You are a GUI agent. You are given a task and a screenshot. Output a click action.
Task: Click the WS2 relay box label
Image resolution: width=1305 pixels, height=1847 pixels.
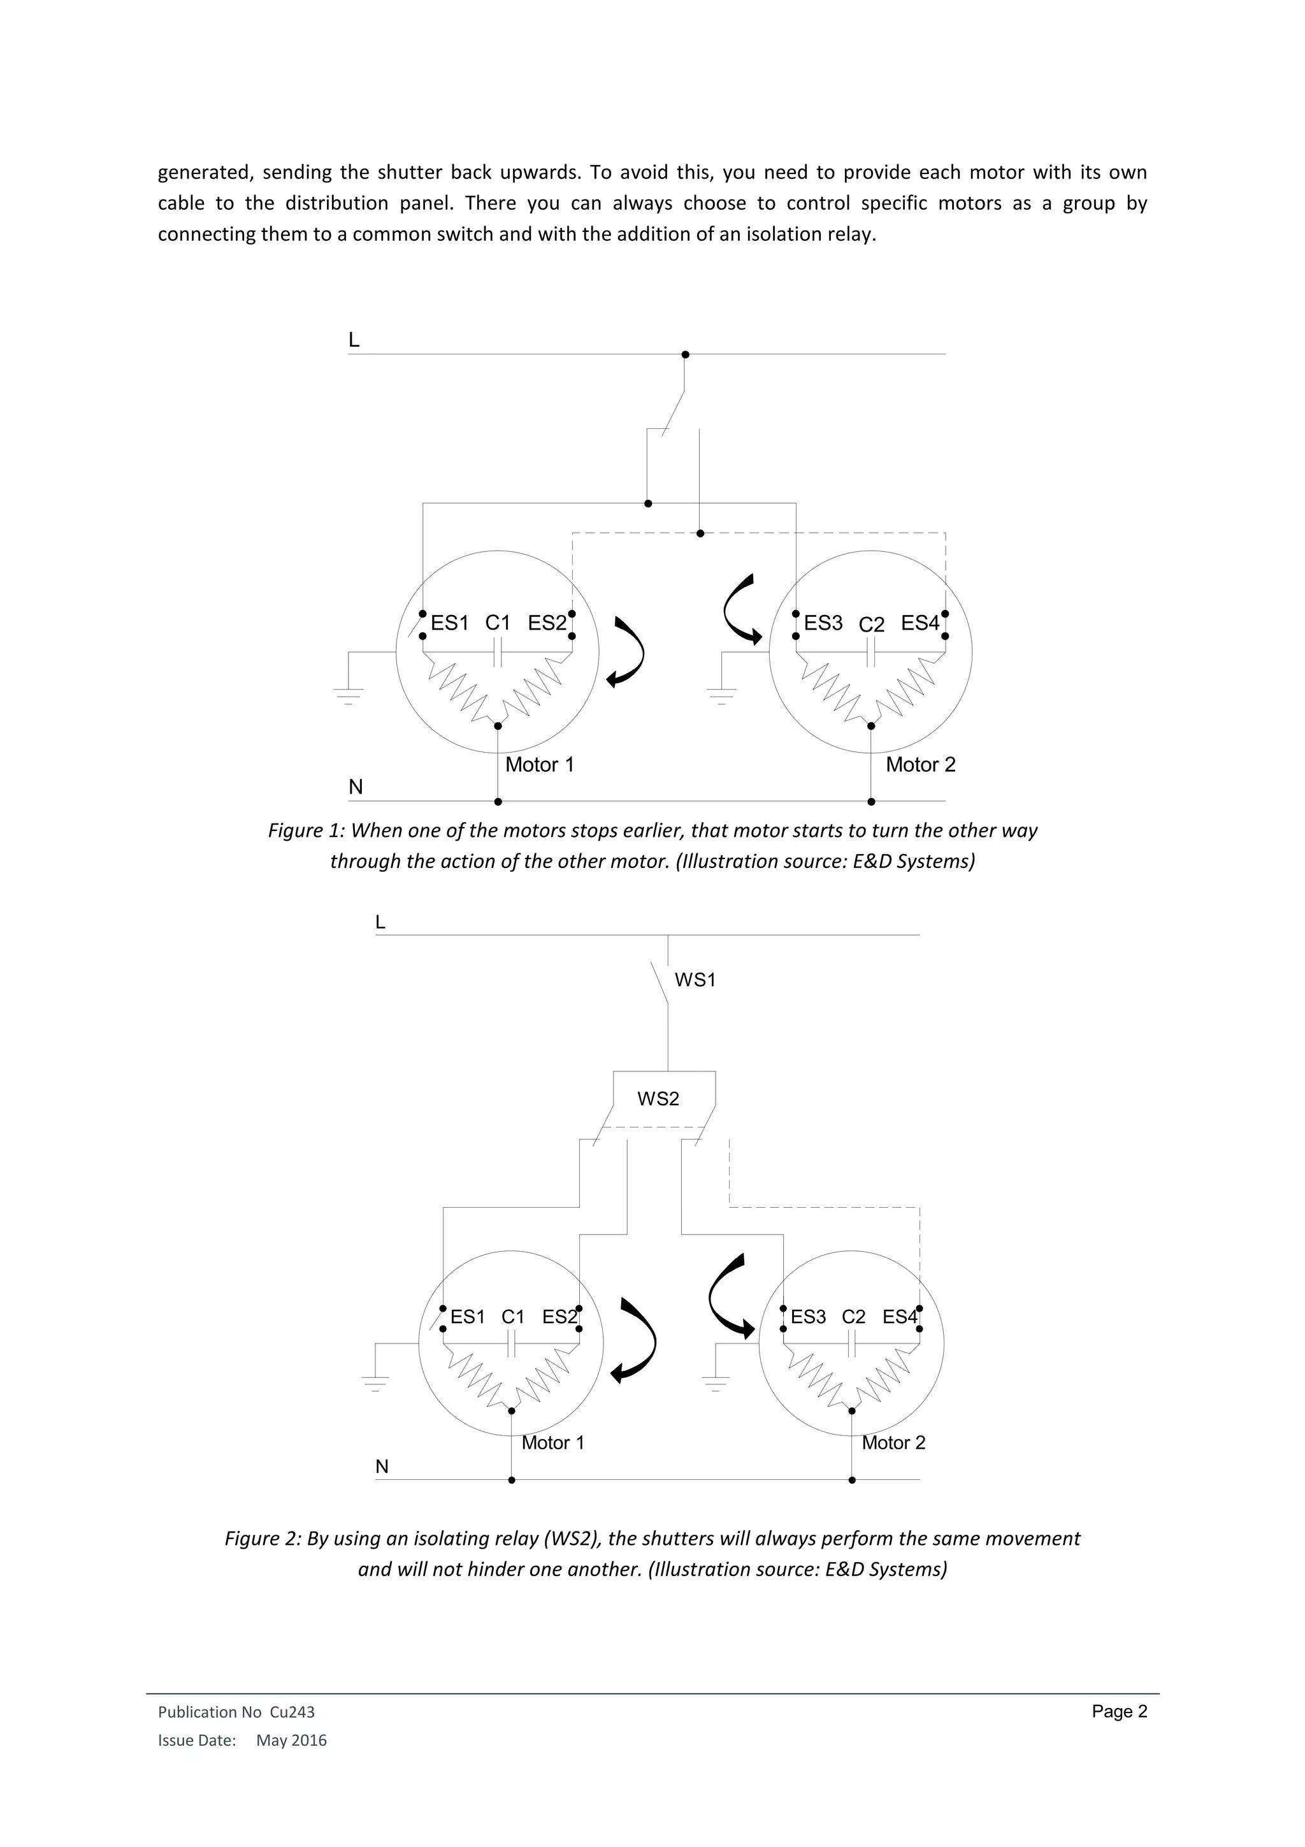(658, 1098)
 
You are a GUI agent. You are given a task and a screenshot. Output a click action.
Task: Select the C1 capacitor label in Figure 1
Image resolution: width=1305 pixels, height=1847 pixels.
(498, 623)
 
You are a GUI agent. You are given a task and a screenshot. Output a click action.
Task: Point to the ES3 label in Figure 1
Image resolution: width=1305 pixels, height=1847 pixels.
(823, 623)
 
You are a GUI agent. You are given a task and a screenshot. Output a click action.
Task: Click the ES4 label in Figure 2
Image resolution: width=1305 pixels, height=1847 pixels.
(900, 1317)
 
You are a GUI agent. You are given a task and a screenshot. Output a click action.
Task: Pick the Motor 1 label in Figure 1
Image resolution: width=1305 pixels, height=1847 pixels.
(540, 764)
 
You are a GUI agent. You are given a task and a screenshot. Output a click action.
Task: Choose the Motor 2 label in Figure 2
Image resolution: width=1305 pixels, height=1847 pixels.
(893, 1442)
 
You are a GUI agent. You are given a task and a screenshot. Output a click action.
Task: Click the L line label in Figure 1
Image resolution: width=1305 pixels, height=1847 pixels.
(354, 340)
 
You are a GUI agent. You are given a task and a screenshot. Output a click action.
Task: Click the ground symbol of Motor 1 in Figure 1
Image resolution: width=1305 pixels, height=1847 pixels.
(348, 693)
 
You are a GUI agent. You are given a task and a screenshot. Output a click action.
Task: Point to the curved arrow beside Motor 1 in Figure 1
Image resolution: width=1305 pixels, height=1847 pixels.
(626, 653)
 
